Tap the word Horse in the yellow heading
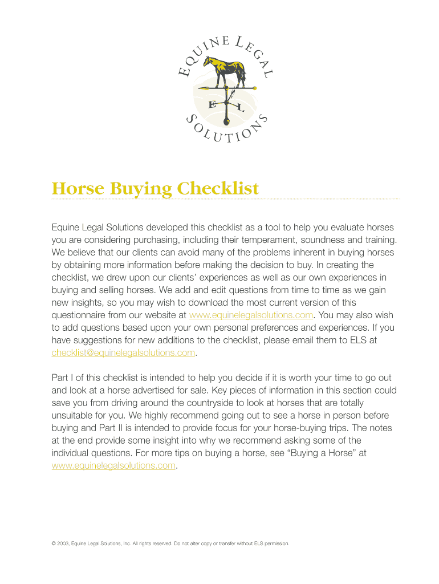75,188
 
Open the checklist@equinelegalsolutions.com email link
123,352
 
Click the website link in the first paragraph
251,315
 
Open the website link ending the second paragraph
113,465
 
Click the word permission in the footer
275,544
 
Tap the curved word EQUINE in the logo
202,54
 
